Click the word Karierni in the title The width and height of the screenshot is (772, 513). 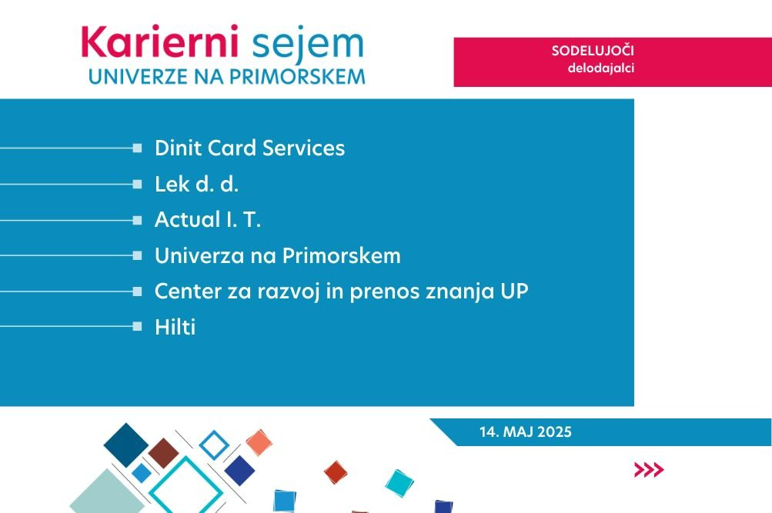coord(160,42)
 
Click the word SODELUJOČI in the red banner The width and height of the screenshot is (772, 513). coord(593,51)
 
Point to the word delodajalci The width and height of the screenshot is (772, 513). coord(600,68)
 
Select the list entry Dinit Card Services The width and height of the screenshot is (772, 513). coord(249,148)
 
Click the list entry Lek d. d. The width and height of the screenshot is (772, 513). coord(196,185)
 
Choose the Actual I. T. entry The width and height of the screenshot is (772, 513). coord(207,220)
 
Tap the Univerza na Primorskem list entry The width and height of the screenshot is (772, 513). coord(278,256)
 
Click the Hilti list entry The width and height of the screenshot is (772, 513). coord(175,327)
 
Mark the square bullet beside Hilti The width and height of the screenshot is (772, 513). coord(137,327)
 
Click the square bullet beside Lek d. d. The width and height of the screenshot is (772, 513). coord(137,185)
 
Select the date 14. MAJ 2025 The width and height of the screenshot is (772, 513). coord(526,431)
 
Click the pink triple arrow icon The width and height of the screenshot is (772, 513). coord(649,470)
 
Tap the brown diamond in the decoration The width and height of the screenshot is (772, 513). coord(163,453)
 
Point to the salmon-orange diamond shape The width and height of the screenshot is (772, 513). coord(259,442)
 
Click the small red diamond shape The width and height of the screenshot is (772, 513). coord(336,472)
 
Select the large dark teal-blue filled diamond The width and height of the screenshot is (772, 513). coord(126,445)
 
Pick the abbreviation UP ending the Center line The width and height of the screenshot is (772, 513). coord(514,291)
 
